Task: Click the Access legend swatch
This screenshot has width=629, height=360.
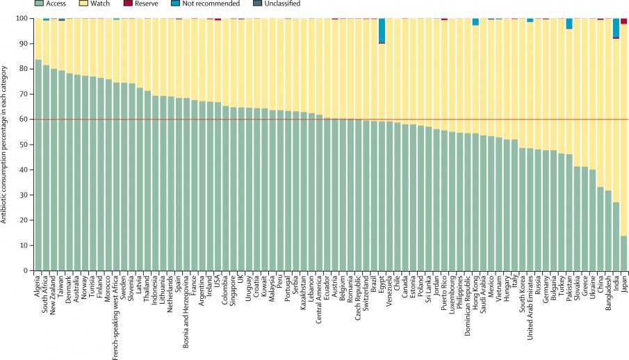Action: pos(40,4)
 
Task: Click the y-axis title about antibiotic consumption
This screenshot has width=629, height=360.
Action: pos(6,144)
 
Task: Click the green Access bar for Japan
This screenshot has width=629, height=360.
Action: pos(623,253)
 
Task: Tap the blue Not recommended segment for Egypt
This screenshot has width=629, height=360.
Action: pos(382,31)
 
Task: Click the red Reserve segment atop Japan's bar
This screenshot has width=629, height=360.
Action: pos(623,21)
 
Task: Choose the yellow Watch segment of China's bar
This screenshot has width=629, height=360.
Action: pos(601,104)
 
